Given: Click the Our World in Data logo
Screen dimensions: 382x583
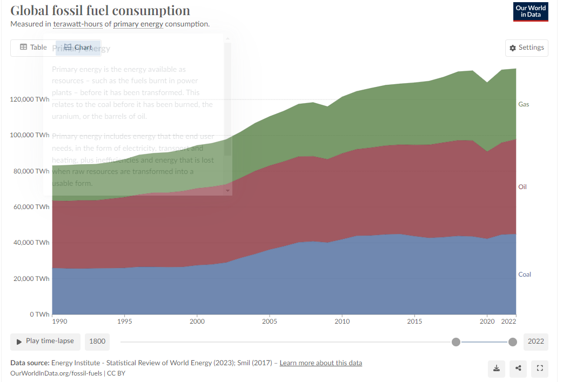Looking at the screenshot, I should click(531, 12).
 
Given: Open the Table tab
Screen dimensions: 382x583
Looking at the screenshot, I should click(33, 48).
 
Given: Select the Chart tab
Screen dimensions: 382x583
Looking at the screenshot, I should click(78, 48).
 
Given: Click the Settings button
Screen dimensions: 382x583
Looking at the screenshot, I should click(527, 48).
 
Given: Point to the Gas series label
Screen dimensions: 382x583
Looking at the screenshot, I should click(524, 104).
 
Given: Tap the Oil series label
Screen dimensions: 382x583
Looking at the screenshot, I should click(522, 187).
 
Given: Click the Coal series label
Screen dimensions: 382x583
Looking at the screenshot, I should click(525, 274).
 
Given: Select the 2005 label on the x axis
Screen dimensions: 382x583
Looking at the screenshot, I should click(269, 322).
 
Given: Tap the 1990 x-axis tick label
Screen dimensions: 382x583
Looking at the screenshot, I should click(59, 322).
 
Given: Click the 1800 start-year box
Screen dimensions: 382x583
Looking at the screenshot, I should click(97, 341).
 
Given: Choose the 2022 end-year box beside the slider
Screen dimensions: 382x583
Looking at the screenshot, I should click(535, 341).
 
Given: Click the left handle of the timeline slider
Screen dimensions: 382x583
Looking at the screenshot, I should click(456, 341).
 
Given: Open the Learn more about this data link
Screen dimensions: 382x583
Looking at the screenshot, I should click(320, 363).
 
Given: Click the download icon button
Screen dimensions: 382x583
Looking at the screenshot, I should click(497, 368).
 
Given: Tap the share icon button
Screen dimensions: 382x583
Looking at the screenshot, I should click(518, 368).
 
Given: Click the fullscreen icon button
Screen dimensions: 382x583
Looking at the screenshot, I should click(539, 368).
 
